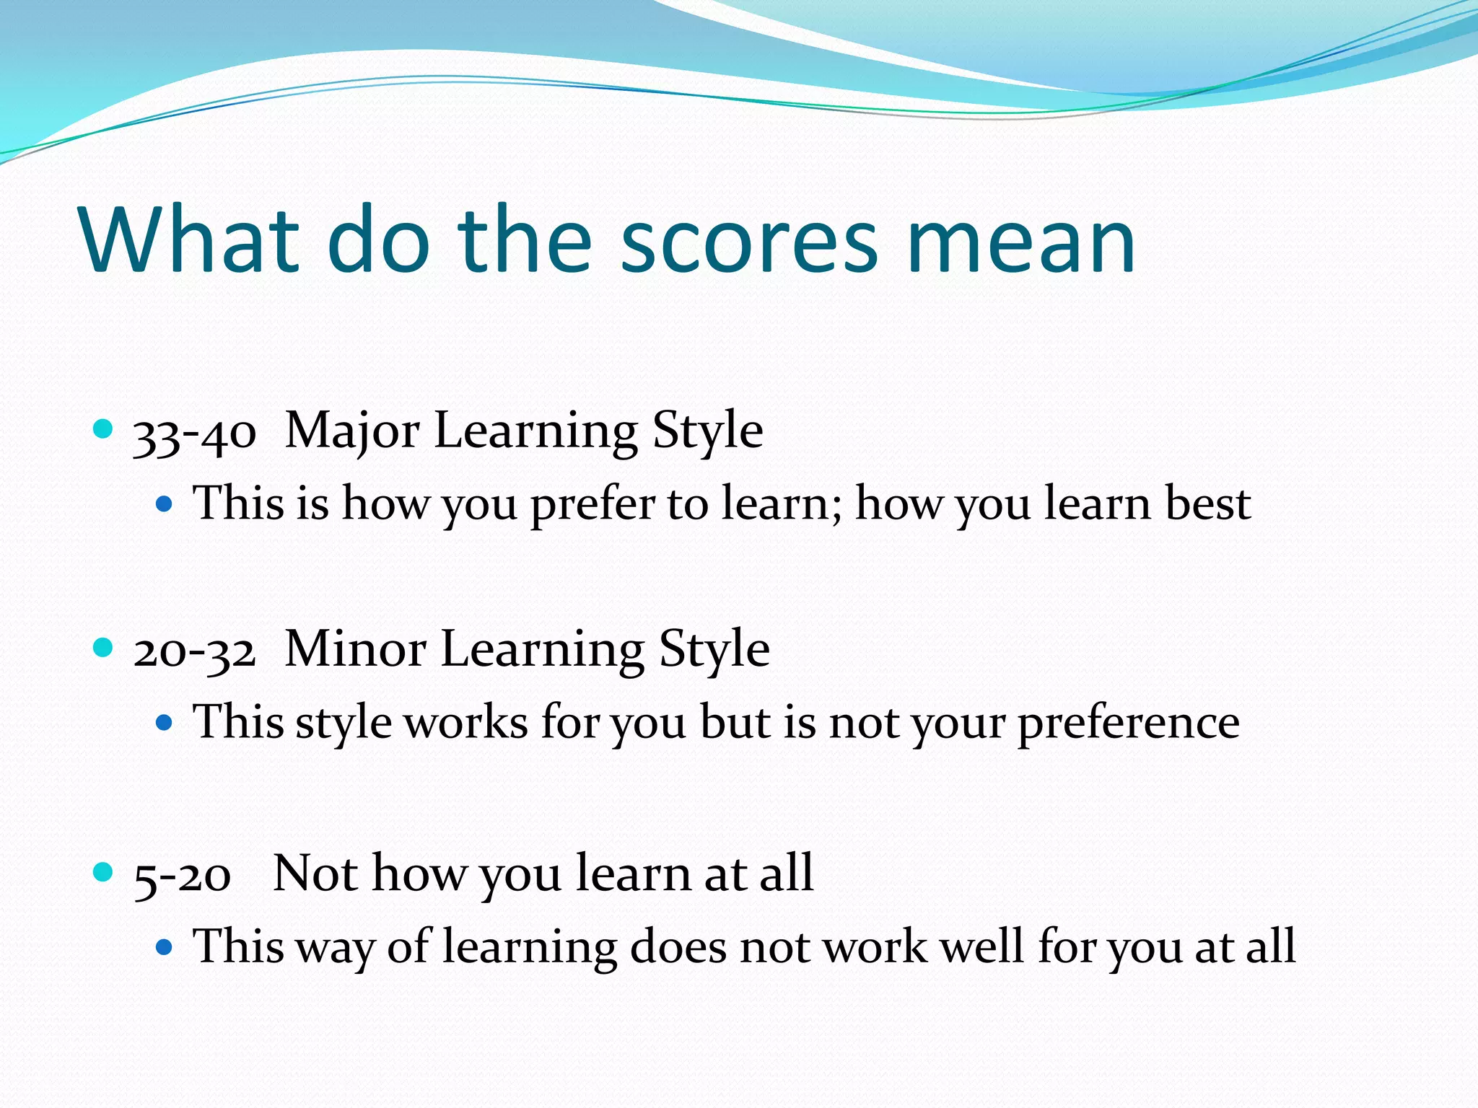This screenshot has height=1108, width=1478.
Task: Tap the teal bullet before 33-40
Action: point(104,429)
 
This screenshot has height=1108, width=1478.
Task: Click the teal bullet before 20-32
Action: point(104,647)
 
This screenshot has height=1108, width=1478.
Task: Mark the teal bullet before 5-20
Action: point(104,872)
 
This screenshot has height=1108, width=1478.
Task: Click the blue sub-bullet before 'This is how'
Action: point(165,503)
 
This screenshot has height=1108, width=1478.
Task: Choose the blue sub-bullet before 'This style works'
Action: point(165,721)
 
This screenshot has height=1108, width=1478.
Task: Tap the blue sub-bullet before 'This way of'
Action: point(165,946)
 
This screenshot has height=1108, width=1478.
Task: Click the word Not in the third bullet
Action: point(315,874)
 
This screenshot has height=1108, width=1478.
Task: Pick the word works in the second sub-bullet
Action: point(465,722)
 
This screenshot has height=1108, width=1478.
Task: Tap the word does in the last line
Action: point(678,947)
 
